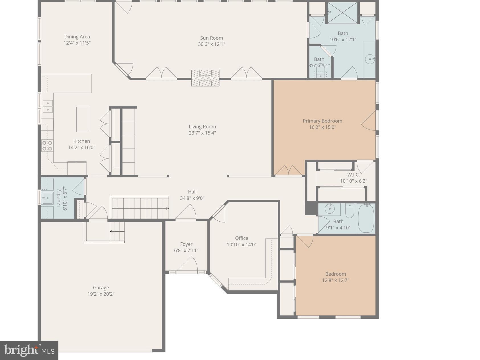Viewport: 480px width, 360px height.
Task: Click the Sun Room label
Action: tap(211, 38)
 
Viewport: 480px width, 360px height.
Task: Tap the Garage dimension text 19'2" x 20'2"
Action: tap(101, 294)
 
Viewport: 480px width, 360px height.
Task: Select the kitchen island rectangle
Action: tap(83, 119)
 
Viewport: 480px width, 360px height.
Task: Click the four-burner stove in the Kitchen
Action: tap(47, 146)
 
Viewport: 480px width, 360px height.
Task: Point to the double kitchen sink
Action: tap(48, 106)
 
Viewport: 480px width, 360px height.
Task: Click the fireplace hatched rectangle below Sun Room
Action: tap(205, 78)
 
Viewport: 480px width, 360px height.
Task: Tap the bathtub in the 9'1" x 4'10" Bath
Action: tap(366, 218)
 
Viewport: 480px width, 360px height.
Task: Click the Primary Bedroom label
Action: tap(322, 121)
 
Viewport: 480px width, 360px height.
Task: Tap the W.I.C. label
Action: tap(353, 175)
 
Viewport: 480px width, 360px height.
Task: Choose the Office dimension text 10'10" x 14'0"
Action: tap(242, 244)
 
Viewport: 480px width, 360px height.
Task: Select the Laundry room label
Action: tap(59, 198)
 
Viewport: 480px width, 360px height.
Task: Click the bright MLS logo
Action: tap(29, 350)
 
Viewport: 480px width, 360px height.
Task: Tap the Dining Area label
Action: tap(77, 36)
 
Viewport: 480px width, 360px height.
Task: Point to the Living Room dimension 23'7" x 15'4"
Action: tap(202, 133)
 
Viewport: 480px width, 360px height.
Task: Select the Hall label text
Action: tap(192, 192)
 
